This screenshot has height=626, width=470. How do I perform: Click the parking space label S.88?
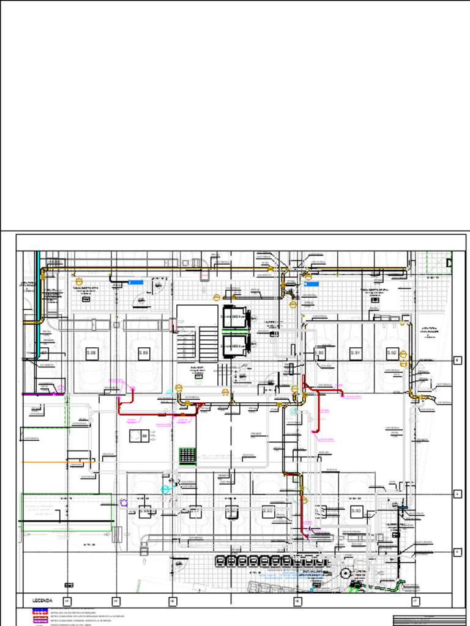[92, 353]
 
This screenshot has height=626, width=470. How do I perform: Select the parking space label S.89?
[144, 353]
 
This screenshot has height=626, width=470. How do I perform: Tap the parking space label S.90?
[319, 353]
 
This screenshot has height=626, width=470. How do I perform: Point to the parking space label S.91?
[356, 353]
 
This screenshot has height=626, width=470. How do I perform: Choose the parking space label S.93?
[356, 511]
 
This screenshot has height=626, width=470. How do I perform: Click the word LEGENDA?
[42, 601]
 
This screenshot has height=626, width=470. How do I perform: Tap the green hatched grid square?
[188, 455]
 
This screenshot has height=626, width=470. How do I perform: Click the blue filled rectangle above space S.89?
[135, 282]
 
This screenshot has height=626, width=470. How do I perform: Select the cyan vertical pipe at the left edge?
[37, 287]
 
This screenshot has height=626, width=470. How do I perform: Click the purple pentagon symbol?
[124, 503]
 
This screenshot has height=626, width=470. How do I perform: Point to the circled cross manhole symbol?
[346, 573]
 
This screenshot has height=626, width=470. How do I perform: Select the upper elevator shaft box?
[235, 318]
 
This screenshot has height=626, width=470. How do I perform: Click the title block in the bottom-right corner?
[429, 619]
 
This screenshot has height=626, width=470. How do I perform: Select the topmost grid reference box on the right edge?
[457, 361]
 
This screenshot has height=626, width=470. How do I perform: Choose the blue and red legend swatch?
[40, 611]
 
